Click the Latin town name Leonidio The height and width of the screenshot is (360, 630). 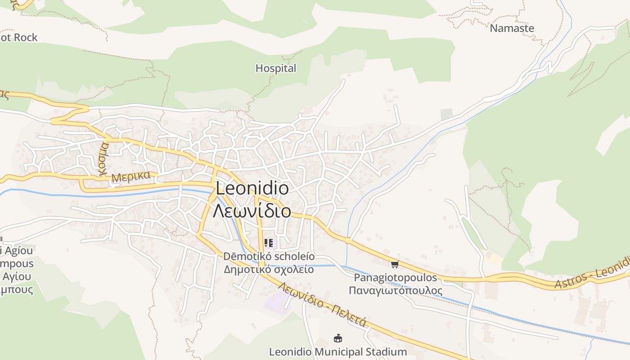point(252,188)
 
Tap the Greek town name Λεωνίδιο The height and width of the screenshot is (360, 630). point(252,211)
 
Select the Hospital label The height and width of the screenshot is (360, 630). point(276,68)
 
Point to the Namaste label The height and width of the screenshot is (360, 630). point(512,28)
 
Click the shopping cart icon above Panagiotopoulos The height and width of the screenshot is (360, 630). point(395,264)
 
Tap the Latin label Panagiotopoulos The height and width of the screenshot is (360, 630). point(395,278)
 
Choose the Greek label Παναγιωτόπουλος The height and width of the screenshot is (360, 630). point(395,290)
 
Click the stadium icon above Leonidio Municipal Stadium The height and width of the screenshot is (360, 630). point(337,337)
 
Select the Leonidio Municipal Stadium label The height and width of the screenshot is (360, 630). point(337,351)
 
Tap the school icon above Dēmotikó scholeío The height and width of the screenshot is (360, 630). point(269,243)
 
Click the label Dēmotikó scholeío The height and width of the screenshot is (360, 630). point(269,257)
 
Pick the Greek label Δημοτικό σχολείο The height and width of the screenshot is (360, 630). point(269,270)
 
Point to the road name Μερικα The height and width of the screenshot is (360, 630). point(131,176)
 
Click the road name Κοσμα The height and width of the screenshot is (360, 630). point(103,158)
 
